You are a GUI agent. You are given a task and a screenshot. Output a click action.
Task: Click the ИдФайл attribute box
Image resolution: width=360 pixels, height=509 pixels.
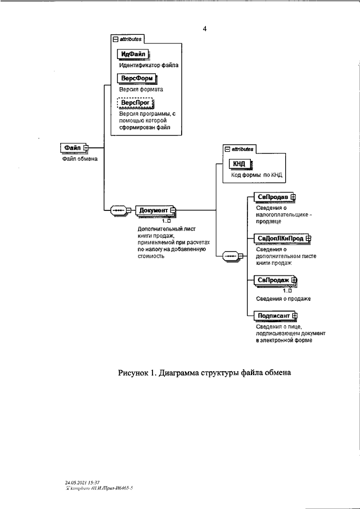132,54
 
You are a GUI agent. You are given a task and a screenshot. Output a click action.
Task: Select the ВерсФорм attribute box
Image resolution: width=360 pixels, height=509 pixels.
135,79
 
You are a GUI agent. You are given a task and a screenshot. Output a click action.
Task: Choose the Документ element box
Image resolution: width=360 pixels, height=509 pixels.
154,210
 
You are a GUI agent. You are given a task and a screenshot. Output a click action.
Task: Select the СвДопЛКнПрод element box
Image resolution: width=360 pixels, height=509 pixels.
278,238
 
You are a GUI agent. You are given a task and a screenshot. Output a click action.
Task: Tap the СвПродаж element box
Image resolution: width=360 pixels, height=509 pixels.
273,280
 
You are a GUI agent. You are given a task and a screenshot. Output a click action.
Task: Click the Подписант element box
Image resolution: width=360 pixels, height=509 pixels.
272,316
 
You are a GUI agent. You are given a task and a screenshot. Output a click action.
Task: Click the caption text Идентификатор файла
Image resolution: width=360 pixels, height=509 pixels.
148,65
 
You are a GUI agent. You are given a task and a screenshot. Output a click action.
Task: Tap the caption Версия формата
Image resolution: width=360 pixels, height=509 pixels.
141,89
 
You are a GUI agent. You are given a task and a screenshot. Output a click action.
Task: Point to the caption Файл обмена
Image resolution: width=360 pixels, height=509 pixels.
80,159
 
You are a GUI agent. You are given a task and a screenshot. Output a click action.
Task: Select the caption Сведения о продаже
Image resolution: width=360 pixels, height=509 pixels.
283,298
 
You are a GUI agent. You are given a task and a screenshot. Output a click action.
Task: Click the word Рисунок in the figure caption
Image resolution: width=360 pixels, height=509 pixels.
133,373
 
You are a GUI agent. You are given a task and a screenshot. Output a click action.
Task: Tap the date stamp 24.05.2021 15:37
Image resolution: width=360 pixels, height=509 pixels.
82,483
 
